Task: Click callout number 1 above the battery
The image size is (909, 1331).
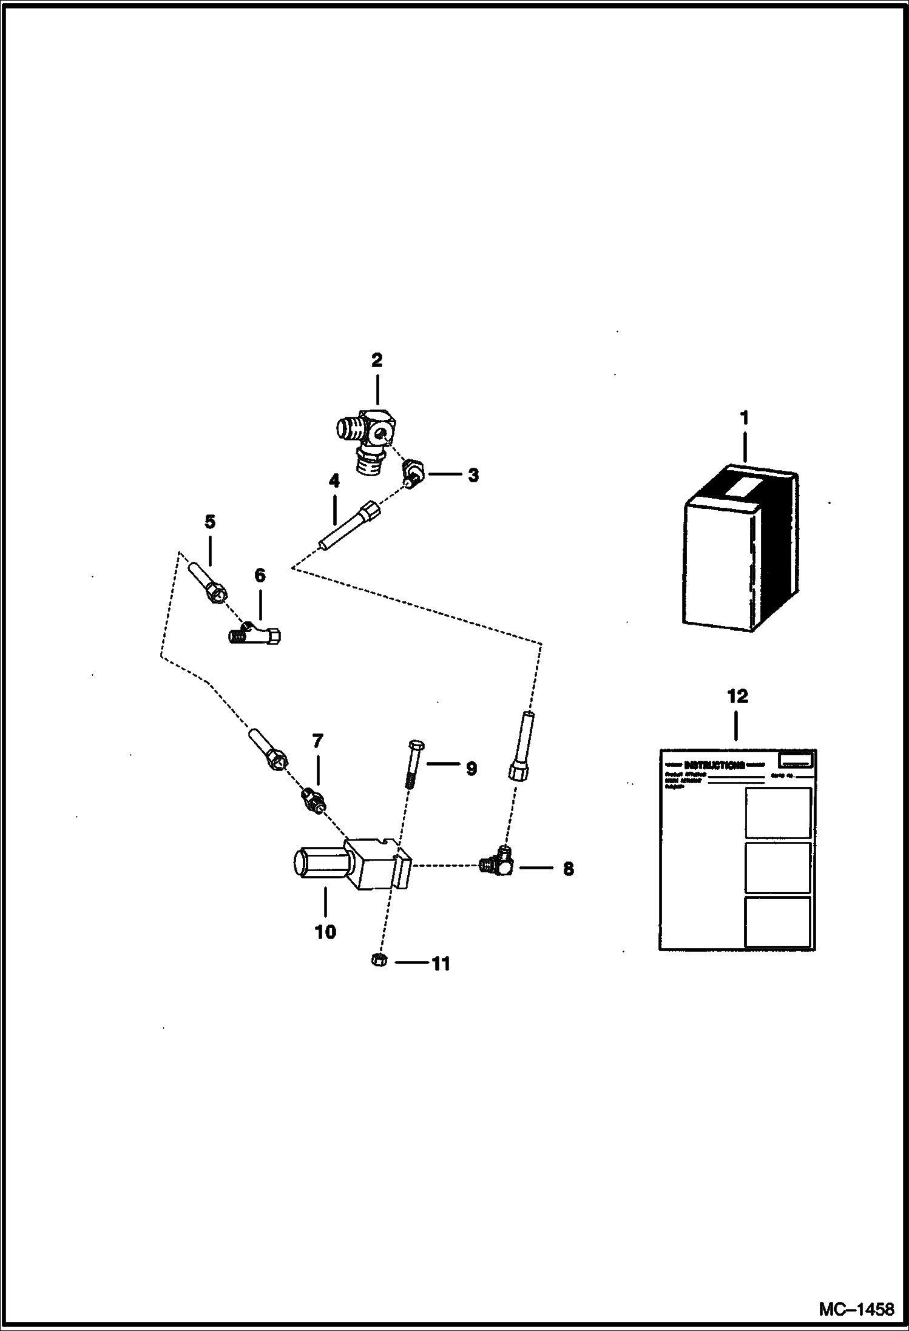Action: (x=744, y=418)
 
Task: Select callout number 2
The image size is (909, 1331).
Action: (x=377, y=360)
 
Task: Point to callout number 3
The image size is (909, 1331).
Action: (x=473, y=475)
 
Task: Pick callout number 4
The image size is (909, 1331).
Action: (x=334, y=482)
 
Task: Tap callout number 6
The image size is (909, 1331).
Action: (x=260, y=575)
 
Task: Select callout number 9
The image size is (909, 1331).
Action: (x=471, y=769)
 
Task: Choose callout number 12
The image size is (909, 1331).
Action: (x=738, y=696)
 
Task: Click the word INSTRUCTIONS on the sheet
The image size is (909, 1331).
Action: (x=714, y=765)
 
